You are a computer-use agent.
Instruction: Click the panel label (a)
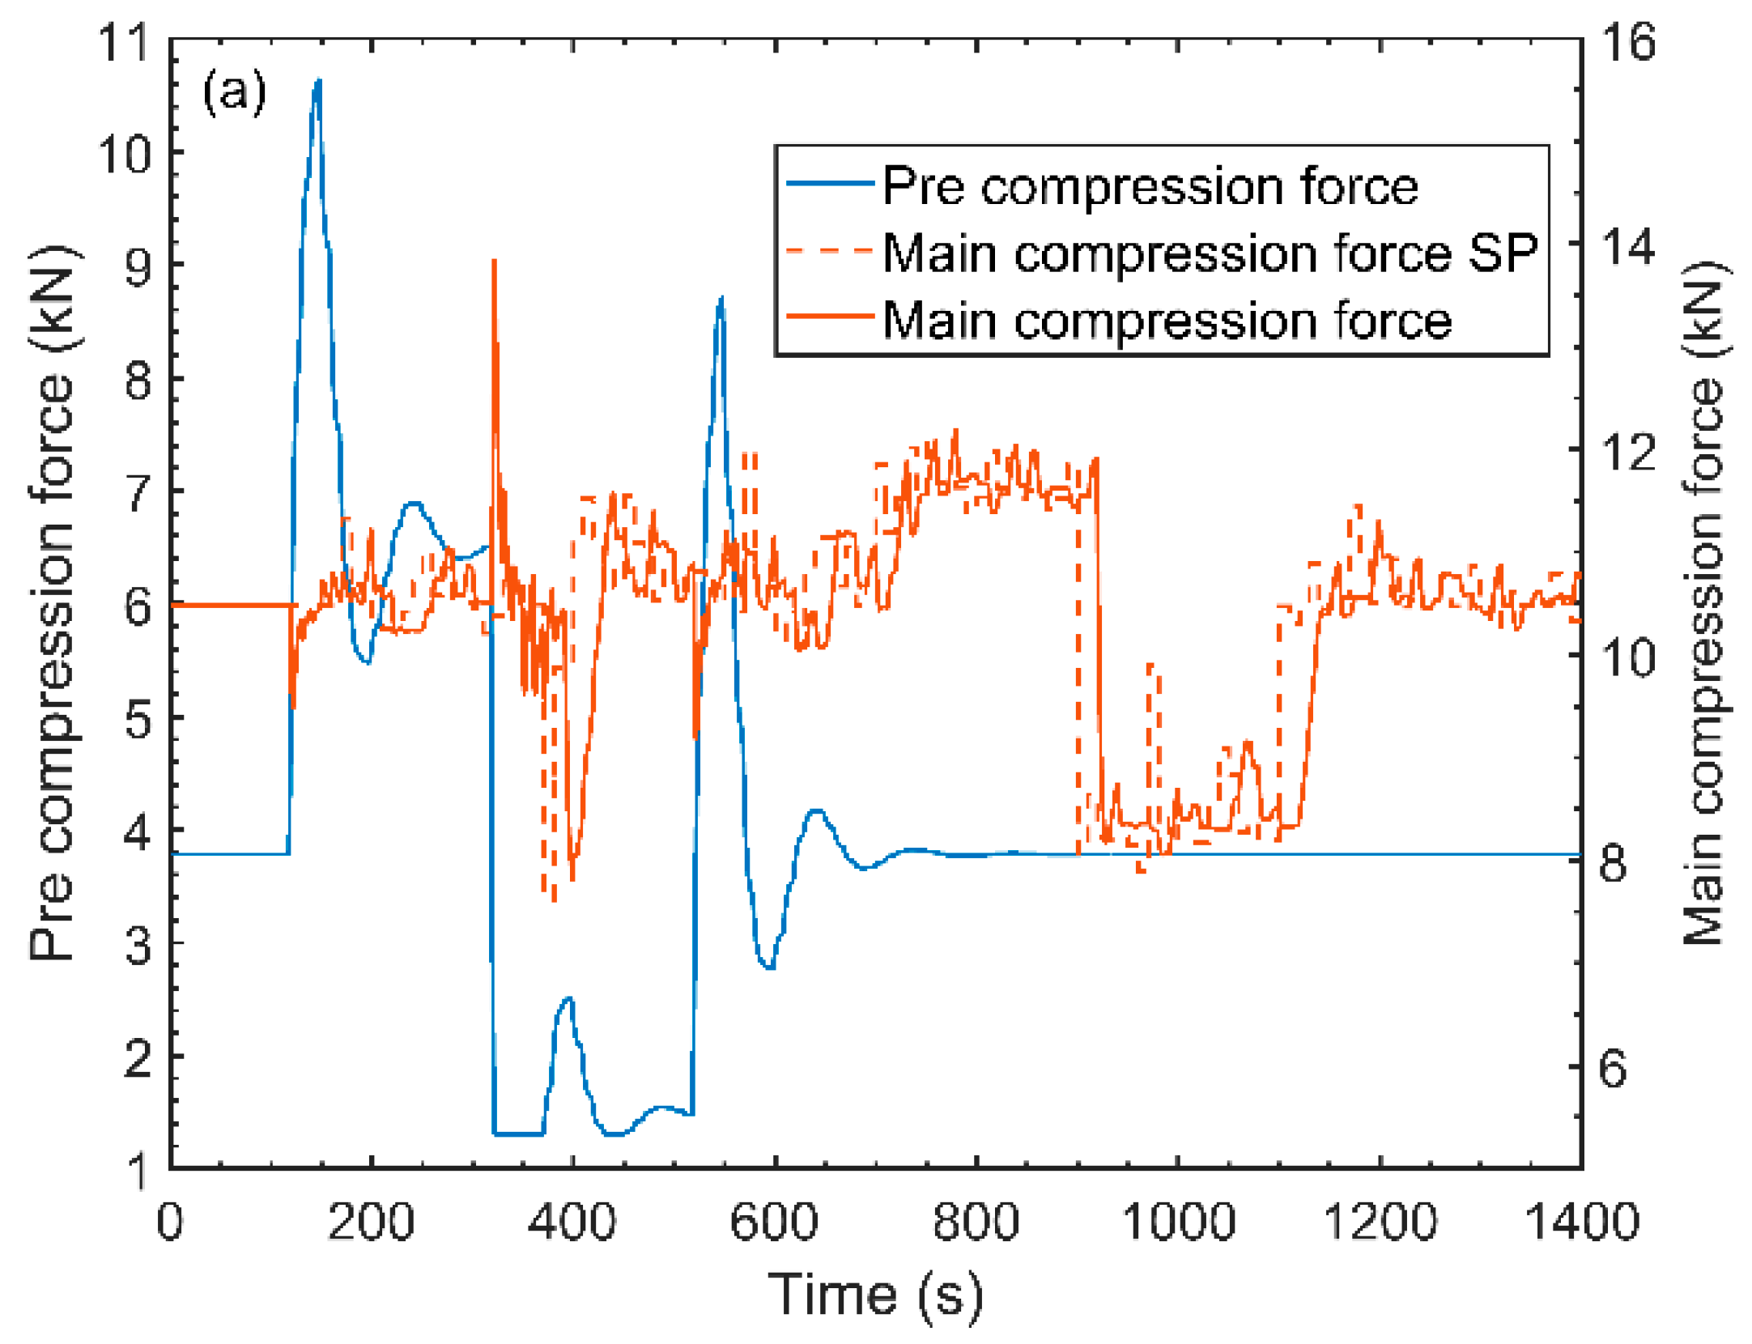tap(234, 91)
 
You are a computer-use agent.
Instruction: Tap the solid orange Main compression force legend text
tap(1166, 321)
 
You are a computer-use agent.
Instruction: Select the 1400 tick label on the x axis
tap(1580, 1223)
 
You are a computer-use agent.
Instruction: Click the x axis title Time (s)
tap(874, 1295)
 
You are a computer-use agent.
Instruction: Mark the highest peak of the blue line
tap(318, 80)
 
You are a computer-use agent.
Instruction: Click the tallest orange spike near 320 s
tap(494, 261)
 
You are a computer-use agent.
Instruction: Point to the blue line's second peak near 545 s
tap(721, 298)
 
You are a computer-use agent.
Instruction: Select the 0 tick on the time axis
tap(170, 1223)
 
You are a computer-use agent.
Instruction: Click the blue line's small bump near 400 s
tap(568, 998)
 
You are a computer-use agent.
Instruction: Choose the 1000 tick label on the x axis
tap(1177, 1223)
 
